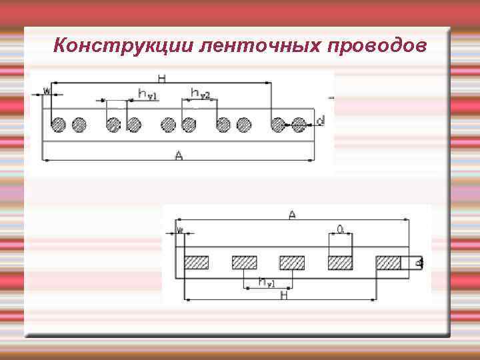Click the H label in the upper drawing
[x=162, y=78]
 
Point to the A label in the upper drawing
[x=178, y=155]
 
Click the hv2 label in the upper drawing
[x=200, y=93]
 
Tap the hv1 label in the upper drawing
[x=147, y=94]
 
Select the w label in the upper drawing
[x=46, y=90]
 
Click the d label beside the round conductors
[x=321, y=121]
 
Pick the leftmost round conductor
[x=59, y=124]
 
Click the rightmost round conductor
[x=299, y=124]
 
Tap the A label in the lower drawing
[x=292, y=214]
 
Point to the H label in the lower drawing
[x=284, y=295]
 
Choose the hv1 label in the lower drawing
[x=266, y=283]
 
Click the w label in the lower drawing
[x=180, y=230]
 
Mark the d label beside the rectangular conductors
[x=419, y=263]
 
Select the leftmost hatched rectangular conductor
[x=197, y=263]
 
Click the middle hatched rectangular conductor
[x=292, y=263]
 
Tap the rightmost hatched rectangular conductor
[x=389, y=263]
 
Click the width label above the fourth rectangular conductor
[x=340, y=229]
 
